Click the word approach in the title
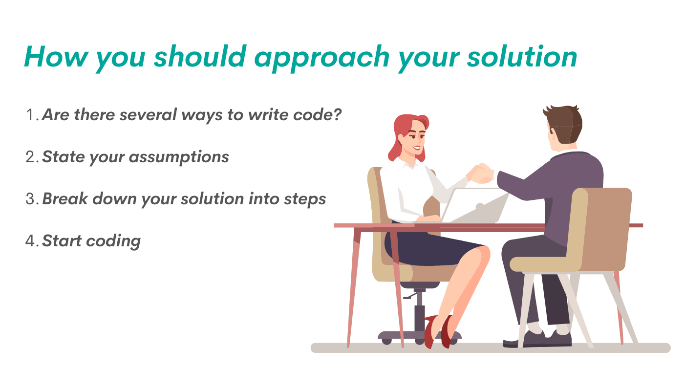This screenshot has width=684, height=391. click(x=322, y=58)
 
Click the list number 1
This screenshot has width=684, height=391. click(x=30, y=115)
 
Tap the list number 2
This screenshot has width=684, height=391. click(x=31, y=157)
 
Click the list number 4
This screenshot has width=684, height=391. click(x=31, y=241)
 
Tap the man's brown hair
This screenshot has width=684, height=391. click(x=567, y=122)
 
